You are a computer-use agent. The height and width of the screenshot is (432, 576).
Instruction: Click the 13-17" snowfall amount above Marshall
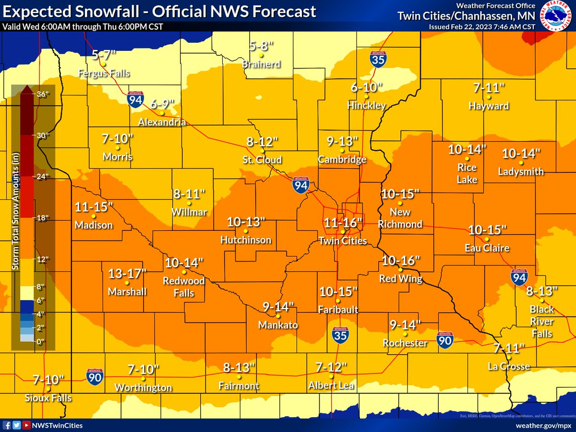(x=127, y=274)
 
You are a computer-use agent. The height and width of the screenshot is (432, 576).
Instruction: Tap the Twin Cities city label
(x=343, y=241)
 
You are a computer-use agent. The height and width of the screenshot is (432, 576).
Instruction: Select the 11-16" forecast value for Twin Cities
(x=343, y=223)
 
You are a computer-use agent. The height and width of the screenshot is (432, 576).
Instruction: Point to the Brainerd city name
(x=261, y=64)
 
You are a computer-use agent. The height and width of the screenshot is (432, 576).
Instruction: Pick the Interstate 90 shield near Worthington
(x=95, y=375)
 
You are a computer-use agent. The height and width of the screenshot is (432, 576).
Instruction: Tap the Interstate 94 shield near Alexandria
(x=134, y=99)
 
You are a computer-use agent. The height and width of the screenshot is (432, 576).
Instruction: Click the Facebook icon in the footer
(x=7, y=425)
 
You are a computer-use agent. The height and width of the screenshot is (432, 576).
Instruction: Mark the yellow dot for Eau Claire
(x=486, y=239)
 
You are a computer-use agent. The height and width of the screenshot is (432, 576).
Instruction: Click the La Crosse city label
(x=509, y=367)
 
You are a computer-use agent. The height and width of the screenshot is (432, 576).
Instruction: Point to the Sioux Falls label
(x=48, y=398)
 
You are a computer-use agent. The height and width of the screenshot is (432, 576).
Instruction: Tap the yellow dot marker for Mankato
(x=278, y=316)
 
